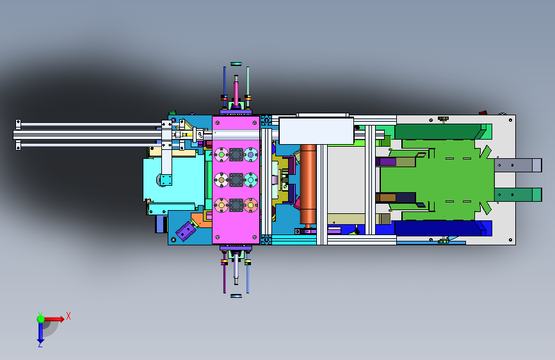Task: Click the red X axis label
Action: (68, 316)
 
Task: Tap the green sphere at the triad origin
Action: (41, 319)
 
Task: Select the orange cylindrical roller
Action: (307, 184)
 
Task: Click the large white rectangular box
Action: (316, 131)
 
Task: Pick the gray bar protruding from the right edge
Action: (518, 165)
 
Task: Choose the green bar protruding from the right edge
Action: (518, 195)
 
